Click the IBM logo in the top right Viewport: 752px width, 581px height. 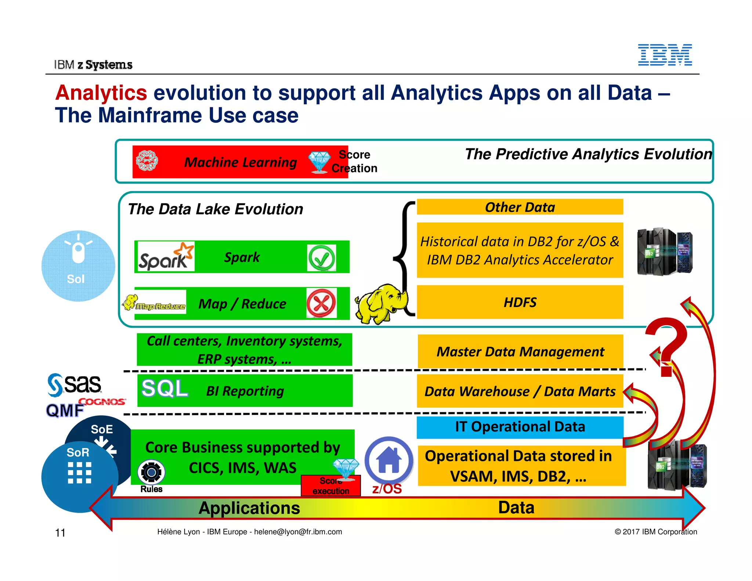(665, 55)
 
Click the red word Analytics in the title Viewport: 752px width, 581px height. (101, 93)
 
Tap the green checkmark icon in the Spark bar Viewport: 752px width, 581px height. (321, 258)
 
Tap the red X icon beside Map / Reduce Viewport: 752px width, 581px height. (321, 303)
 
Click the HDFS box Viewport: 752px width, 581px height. (520, 302)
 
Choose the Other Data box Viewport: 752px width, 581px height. (520, 207)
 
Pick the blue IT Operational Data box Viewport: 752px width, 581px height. (520, 427)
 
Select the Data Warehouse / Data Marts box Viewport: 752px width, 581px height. (520, 391)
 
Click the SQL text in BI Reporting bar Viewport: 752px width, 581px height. (164, 389)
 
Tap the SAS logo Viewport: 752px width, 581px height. (75, 385)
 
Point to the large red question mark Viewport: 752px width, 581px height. (666, 345)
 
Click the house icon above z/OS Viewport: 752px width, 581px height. (389, 460)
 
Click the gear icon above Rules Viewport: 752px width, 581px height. (151, 472)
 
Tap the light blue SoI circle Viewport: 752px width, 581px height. (78, 266)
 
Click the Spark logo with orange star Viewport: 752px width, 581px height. (165, 257)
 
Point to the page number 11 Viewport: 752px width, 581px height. (60, 533)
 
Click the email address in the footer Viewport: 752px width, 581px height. (298, 532)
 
